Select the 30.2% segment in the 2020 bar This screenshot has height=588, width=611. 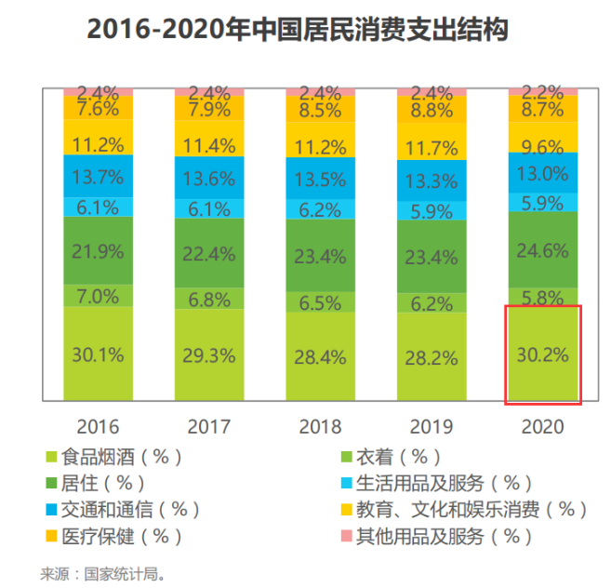point(543,354)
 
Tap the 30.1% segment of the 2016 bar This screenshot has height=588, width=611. point(98,354)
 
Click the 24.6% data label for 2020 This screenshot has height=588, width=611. point(543,249)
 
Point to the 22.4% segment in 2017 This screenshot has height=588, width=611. point(209,252)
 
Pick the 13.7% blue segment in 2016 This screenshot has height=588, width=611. point(98,176)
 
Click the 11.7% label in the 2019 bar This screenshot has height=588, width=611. point(432,148)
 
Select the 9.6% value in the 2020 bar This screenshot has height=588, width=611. point(543,147)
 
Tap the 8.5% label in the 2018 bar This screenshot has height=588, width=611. point(321,111)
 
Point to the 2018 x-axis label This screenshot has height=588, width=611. point(321,427)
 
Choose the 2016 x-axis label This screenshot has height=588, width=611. point(98,427)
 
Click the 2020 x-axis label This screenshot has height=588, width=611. point(543,427)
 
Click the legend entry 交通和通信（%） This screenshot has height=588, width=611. point(130,509)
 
